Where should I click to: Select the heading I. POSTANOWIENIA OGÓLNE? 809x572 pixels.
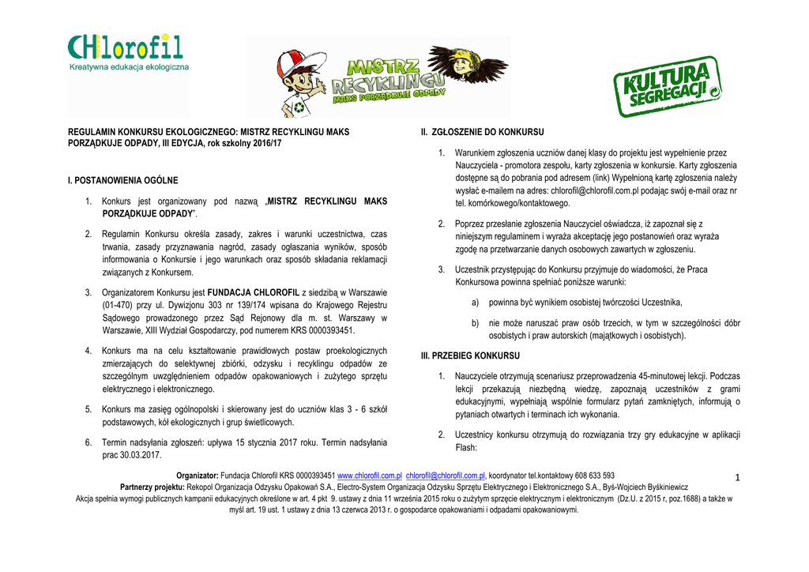tap(123, 181)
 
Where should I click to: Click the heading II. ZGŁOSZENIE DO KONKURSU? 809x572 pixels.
tap(482, 131)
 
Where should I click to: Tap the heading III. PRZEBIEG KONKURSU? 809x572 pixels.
tap(470, 356)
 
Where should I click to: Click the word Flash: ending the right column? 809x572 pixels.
tap(467, 448)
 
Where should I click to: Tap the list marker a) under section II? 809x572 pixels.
tap(475, 303)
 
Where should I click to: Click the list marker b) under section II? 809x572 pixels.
tap(475, 323)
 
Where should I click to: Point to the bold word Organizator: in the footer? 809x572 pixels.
tap(197, 476)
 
